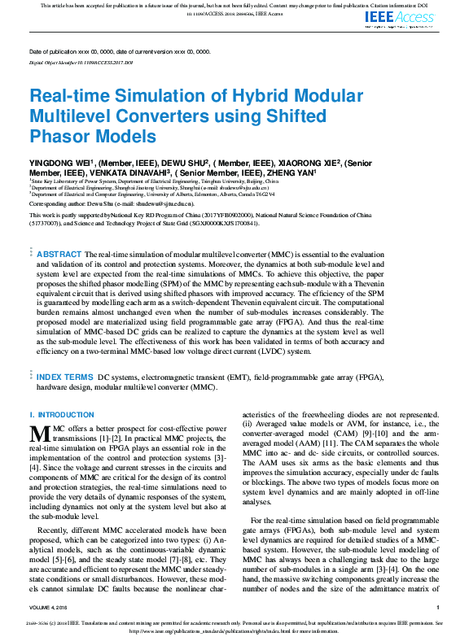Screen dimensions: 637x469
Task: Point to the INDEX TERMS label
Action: point(66,378)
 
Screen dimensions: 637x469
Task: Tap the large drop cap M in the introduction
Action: point(39,433)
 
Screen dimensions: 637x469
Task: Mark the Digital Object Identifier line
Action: point(81,61)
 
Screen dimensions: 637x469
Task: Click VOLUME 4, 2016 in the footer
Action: point(52,607)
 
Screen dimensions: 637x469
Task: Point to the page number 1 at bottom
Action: point(437,607)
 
